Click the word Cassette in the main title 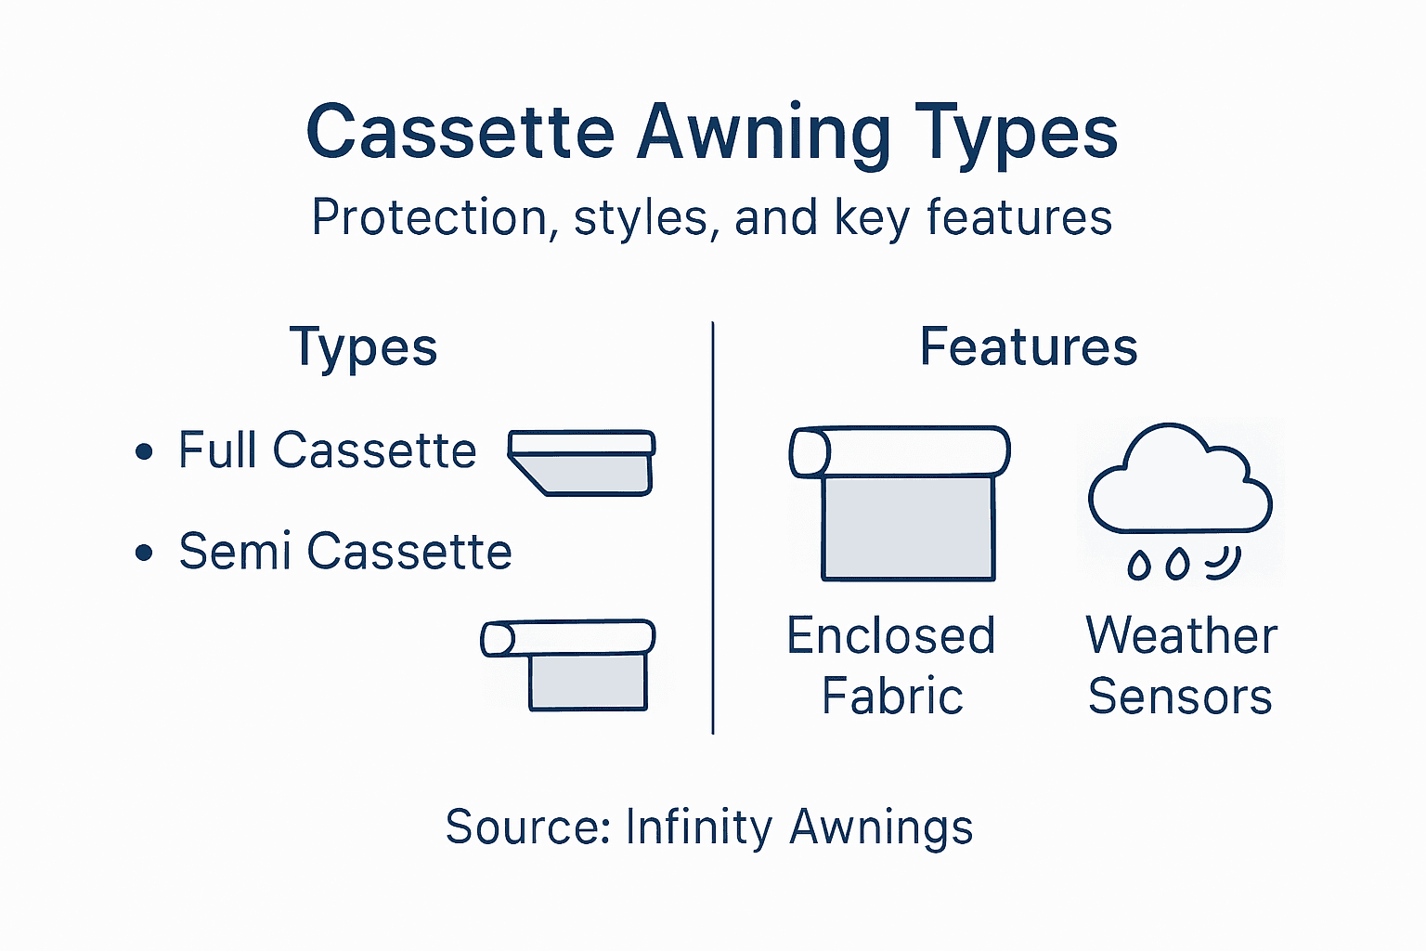coord(460,132)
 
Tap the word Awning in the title coord(763,132)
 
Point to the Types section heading coord(363,348)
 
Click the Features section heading coord(1029,347)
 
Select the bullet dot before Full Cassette coord(144,452)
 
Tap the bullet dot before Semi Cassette coord(144,554)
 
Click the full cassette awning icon coord(582,462)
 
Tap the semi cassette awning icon coord(568,664)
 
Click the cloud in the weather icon coord(1179,483)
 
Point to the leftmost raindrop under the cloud coord(1138,564)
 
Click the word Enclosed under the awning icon coord(891,636)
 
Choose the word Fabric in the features coord(892,697)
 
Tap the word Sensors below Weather coord(1180,697)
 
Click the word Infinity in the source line coord(698,827)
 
